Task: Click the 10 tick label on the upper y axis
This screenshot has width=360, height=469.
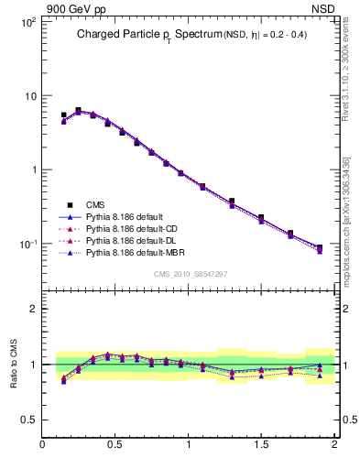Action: pyautogui.click(x=29, y=96)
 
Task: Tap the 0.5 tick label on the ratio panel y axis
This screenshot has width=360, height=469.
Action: pyautogui.click(x=28, y=420)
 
